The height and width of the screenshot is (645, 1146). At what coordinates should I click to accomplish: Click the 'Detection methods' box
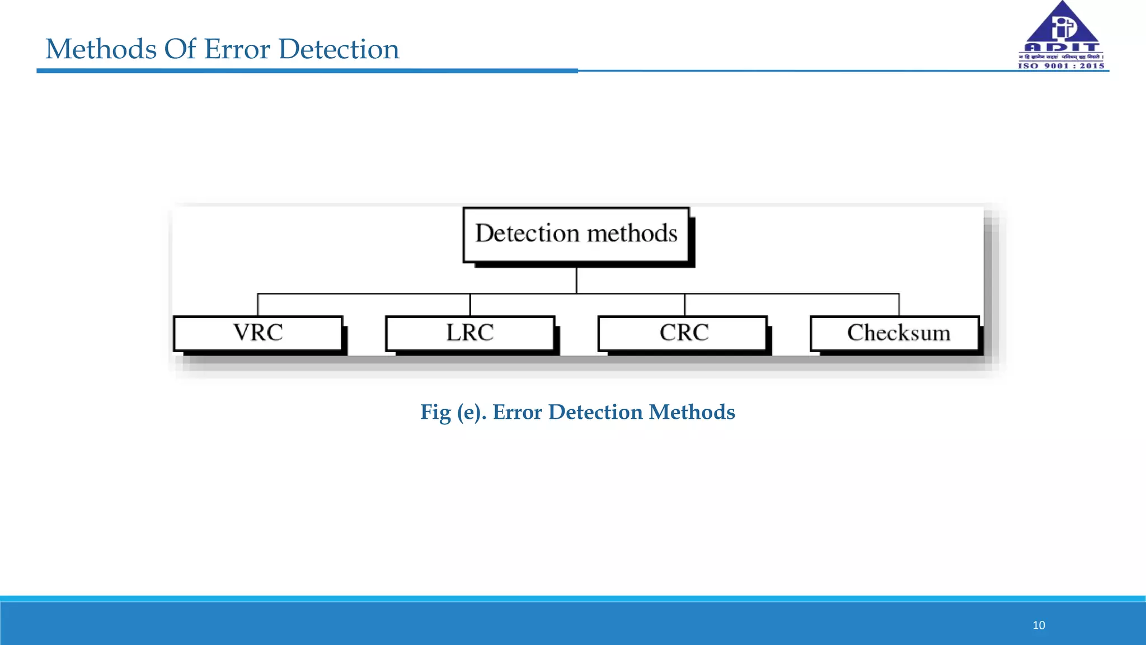[x=576, y=235]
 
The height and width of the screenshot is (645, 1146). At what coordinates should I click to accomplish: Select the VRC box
[x=258, y=334]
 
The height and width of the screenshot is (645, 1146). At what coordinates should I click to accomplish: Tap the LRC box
[x=470, y=334]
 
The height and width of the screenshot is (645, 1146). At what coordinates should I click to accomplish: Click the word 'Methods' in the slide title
[x=101, y=49]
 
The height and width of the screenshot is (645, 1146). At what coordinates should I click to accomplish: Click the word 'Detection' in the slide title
[x=339, y=49]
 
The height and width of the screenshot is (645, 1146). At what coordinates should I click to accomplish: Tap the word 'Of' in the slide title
[x=180, y=49]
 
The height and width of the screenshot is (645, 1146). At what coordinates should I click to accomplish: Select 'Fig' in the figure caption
[x=435, y=413]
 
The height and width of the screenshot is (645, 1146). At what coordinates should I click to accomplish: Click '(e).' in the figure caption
[x=472, y=413]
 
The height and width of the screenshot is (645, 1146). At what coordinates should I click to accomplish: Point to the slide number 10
[x=1039, y=625]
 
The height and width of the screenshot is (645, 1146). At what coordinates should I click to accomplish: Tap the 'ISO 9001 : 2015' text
[x=1061, y=66]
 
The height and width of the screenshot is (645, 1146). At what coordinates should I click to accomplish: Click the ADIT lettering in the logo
[x=1062, y=48]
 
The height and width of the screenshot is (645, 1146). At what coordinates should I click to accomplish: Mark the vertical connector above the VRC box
[x=258, y=305]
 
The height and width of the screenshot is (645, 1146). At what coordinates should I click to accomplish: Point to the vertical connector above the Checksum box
[x=899, y=305]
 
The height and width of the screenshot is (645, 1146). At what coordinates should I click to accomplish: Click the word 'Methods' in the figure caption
[x=692, y=413]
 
